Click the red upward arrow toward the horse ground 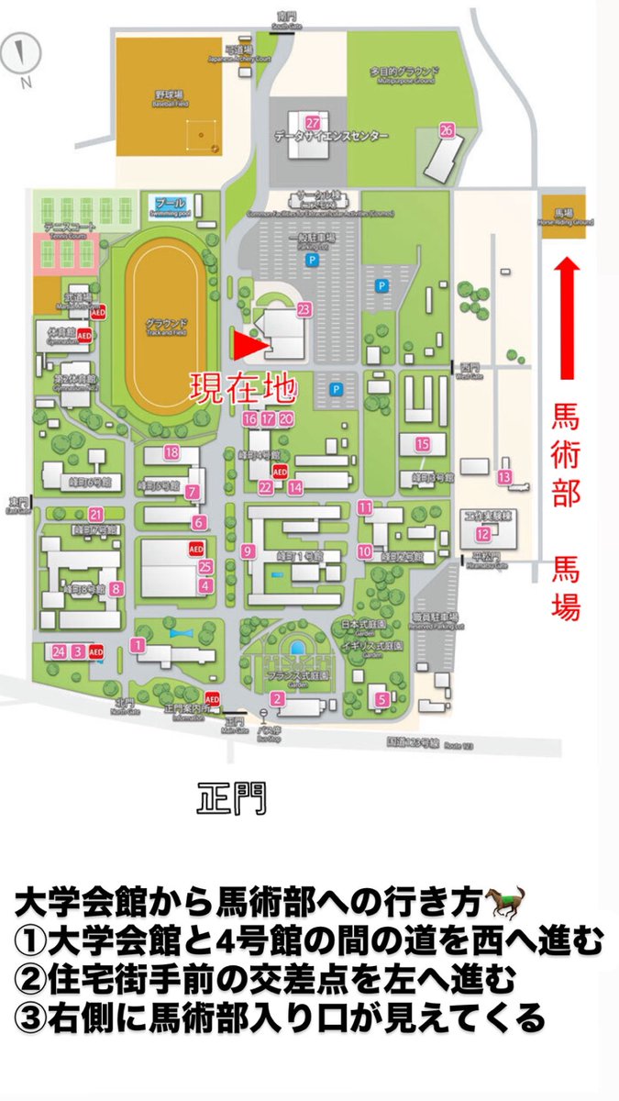pos(568,317)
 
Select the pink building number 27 pos(313,123)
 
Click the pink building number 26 pos(447,130)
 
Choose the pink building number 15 pos(423,444)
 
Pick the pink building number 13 pos(504,477)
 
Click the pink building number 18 pos(171,451)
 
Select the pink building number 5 pos(381,698)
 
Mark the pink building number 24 pos(59,651)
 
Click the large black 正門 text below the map pos(231,797)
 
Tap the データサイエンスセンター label pos(331,137)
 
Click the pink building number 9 pos(247,551)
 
